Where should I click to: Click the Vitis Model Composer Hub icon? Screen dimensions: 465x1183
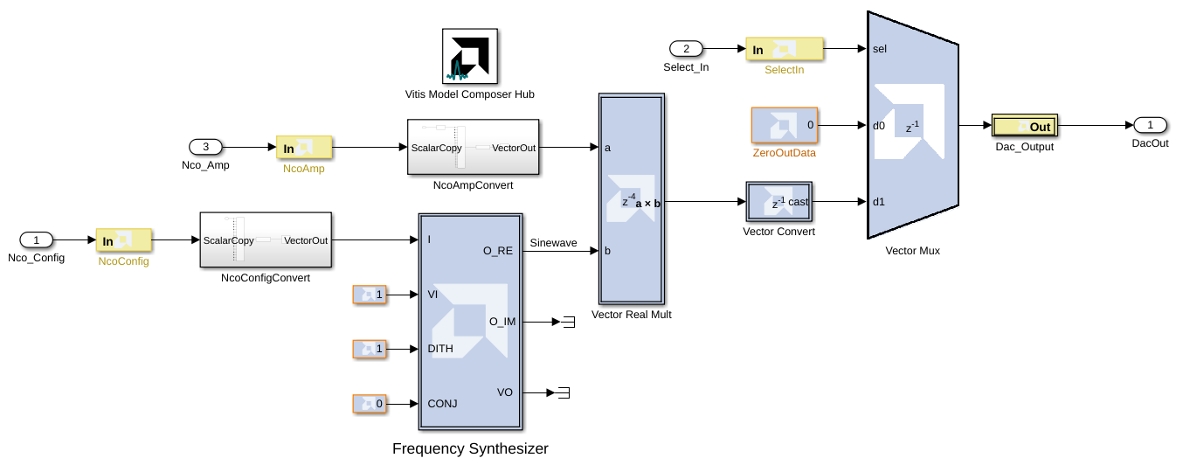pos(470,56)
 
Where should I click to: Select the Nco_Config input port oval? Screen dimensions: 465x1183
pos(37,239)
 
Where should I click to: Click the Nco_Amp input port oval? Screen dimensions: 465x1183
pos(206,147)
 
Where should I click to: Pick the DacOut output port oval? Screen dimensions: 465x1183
pos(1150,125)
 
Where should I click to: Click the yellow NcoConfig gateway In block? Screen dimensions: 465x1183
pos(123,240)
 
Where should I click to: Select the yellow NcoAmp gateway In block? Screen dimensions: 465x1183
pos(304,148)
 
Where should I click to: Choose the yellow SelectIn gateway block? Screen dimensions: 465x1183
pos(784,49)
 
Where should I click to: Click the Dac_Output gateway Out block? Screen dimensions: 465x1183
pos(1024,126)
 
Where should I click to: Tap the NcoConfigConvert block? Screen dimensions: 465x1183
pos(266,239)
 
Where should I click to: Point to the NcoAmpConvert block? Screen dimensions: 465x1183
pos(473,147)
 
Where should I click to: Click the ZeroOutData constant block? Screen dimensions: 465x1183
pos(785,125)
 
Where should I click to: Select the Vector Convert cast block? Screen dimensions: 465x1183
pos(778,202)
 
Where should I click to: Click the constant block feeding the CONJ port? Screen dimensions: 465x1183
pos(369,404)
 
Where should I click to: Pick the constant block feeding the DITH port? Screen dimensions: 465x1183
pos(369,349)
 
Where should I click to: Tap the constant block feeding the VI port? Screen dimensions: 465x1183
pos(369,295)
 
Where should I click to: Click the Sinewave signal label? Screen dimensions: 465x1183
pos(553,243)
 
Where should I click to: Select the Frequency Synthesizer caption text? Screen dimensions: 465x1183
pos(470,449)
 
